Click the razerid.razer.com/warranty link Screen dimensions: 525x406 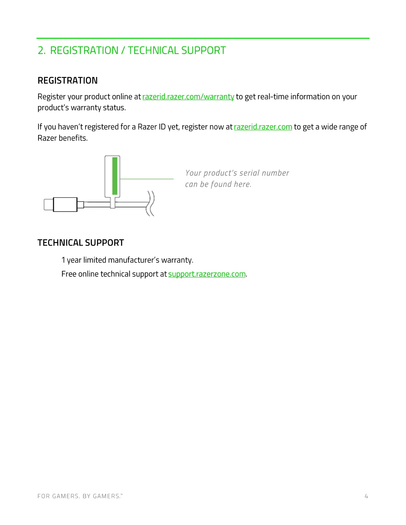tap(188, 97)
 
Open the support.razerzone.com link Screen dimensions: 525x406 tap(207, 274)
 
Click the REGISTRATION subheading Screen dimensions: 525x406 tap(68, 81)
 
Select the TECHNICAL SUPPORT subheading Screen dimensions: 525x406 tap(81, 243)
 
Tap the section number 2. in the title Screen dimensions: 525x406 tap(41, 50)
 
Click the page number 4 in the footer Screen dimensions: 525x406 tap(366, 496)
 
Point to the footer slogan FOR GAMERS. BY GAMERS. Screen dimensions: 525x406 tap(80, 496)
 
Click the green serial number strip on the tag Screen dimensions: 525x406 tap(115, 176)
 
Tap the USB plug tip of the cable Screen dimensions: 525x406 tap(48, 204)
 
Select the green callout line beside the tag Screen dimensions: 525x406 tap(147, 179)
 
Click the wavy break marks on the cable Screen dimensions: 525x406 tap(151, 203)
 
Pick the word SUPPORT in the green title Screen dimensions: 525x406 tap(203, 50)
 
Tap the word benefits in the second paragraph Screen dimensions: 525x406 tap(73, 138)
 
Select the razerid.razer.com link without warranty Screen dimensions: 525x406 tap(263, 127)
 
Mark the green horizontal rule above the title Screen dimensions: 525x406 tap(203, 38)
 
